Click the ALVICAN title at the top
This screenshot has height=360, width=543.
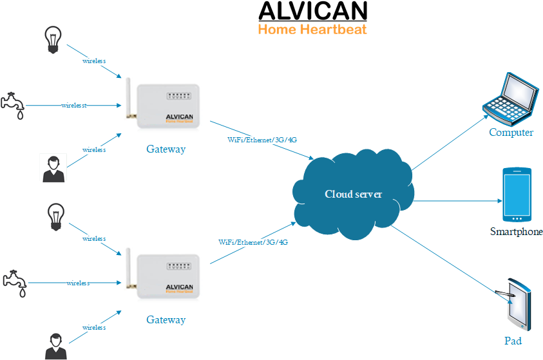[x=312, y=11]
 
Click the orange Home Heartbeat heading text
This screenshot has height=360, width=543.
[x=312, y=29]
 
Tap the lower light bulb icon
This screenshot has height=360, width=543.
[x=56, y=215]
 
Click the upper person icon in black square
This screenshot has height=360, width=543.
[x=53, y=168]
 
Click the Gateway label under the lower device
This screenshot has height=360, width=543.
[x=166, y=319]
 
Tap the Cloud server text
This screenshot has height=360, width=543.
[x=353, y=194]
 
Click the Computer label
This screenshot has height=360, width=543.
[x=511, y=133]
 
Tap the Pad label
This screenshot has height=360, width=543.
[x=512, y=341]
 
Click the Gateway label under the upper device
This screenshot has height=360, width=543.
[x=166, y=149]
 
